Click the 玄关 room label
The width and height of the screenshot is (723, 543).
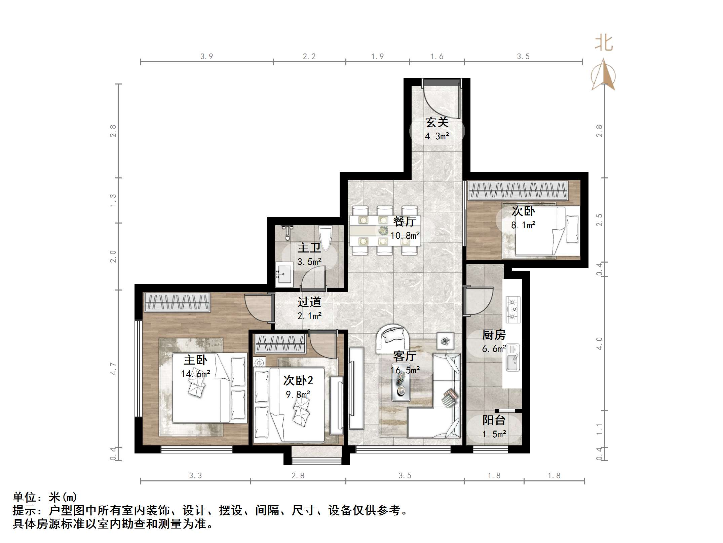(x=437, y=122)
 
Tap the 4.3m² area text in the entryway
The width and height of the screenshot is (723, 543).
(x=437, y=136)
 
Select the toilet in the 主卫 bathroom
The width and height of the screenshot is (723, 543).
(x=325, y=237)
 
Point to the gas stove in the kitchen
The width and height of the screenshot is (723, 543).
(x=513, y=309)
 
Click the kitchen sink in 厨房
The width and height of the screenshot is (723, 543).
(x=513, y=358)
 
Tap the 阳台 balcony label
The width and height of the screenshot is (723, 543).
(x=494, y=420)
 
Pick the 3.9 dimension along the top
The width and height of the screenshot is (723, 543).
(x=206, y=57)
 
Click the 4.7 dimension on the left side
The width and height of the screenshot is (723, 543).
(x=113, y=369)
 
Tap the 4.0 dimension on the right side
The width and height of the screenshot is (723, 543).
(x=599, y=343)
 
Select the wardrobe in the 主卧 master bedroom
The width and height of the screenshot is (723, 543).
(x=177, y=301)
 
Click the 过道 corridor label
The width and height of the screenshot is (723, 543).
(x=309, y=302)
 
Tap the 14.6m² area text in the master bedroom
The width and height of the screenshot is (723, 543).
(x=195, y=374)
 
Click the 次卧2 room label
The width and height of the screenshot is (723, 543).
(x=298, y=380)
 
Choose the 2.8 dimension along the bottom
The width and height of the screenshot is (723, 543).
(x=298, y=475)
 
